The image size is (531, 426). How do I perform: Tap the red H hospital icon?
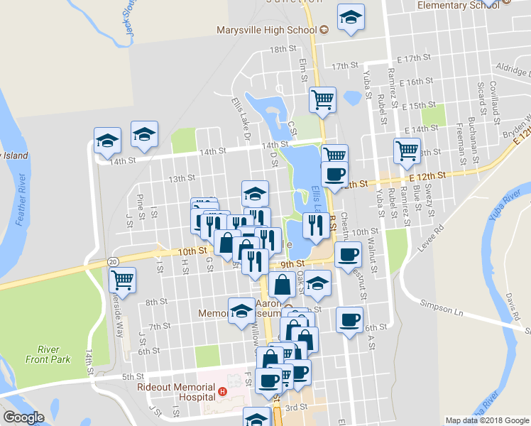click(222, 391)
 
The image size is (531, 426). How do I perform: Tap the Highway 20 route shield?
click(114, 262)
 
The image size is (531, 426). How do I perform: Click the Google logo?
click(23, 417)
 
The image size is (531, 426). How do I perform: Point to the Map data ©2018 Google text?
click(486, 420)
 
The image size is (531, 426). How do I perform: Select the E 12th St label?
click(427, 175)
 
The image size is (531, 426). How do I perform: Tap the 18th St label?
click(282, 49)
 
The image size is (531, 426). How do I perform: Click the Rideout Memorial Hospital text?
click(176, 391)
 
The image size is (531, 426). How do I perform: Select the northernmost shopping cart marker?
click(322, 99)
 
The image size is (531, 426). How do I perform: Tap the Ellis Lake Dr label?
click(240, 118)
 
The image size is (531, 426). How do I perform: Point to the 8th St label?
click(155, 302)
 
